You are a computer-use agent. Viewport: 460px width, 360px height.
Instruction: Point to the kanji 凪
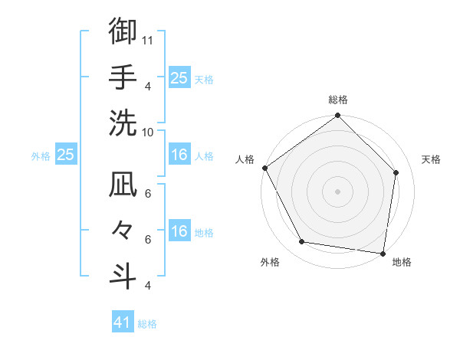point(123,185)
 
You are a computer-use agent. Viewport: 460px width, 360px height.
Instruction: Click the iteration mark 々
point(123,230)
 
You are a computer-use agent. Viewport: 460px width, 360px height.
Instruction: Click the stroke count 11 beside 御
point(149,40)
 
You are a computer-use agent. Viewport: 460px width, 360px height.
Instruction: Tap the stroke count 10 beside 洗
point(149,132)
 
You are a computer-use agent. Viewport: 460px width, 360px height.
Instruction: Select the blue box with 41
point(123,322)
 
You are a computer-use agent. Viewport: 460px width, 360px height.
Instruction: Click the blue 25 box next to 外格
point(65,155)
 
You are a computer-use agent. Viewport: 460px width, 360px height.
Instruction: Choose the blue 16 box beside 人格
point(179,155)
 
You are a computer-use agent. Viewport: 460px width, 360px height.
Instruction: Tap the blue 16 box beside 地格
point(179,231)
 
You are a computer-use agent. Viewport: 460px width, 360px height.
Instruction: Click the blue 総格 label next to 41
point(147,324)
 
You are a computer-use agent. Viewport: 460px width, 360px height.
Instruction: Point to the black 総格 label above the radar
point(337,100)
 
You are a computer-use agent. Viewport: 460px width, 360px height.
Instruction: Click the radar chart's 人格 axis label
point(245,159)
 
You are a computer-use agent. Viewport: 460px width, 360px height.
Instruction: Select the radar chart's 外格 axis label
point(270,263)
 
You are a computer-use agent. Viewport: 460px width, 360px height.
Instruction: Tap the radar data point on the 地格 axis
point(383,253)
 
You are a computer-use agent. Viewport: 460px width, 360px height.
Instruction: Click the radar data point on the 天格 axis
point(396,172)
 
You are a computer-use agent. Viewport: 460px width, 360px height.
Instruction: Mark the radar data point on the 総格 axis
point(337,116)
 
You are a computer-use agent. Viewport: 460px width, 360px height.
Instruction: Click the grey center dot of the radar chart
point(337,191)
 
